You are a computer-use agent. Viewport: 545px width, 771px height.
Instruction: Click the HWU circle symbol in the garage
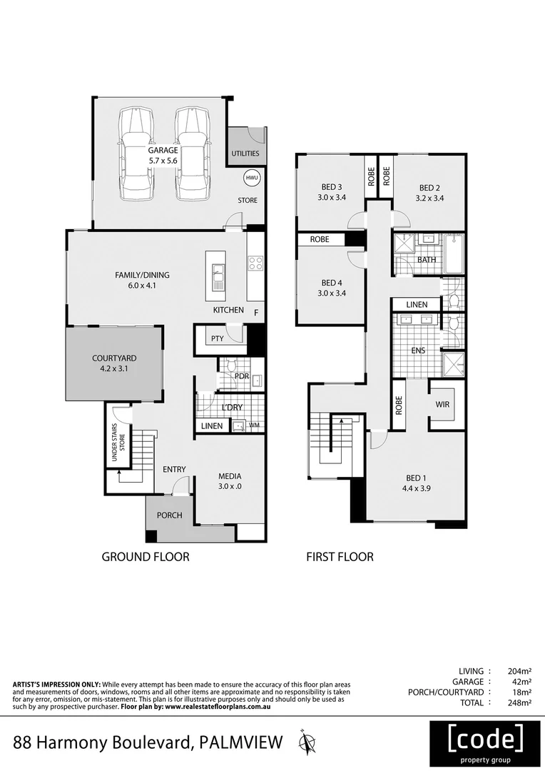[x=250, y=178]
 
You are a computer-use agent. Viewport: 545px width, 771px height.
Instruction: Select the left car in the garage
[x=136, y=153]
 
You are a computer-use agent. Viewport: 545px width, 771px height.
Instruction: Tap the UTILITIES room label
[x=245, y=153]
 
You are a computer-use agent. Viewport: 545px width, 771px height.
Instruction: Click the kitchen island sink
[x=218, y=272]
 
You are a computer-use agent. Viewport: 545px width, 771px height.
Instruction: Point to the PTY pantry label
[x=218, y=339]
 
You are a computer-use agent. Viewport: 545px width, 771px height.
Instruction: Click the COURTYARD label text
[x=114, y=358]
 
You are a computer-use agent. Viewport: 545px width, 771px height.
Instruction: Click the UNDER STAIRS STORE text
[x=121, y=445]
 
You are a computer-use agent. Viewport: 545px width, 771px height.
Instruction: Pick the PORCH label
[x=169, y=515]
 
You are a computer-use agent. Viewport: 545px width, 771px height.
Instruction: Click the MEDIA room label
[x=230, y=476]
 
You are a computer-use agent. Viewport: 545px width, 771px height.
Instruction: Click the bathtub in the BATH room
[x=453, y=253]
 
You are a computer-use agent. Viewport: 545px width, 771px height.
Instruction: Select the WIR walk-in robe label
[x=442, y=405]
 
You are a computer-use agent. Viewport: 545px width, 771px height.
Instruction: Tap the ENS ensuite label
[x=419, y=351]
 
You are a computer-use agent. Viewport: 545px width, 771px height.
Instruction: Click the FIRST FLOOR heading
[x=340, y=557]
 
